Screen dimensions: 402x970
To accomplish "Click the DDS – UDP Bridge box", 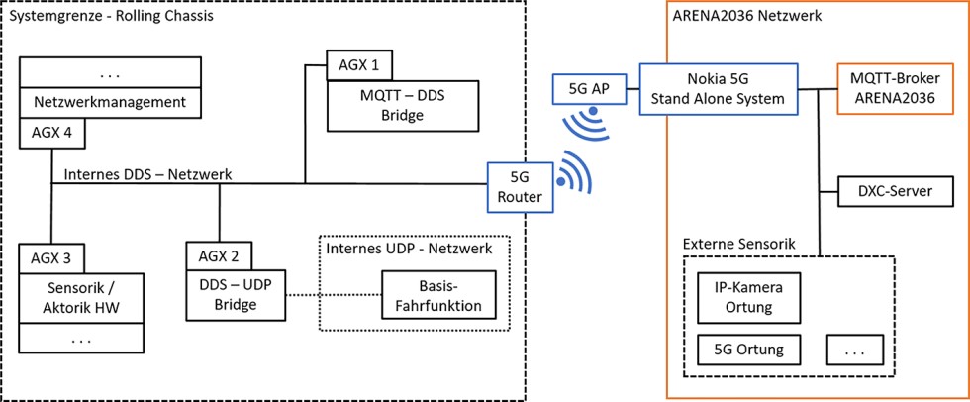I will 237,294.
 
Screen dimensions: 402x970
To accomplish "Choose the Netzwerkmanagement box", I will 109,102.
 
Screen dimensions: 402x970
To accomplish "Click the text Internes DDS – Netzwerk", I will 147,174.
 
